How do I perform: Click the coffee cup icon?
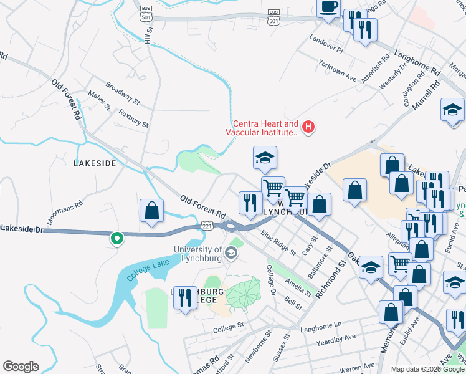click(x=328, y=8)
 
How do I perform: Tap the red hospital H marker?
click(x=308, y=128)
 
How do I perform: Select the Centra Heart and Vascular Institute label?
click(x=265, y=128)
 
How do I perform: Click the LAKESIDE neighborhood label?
click(x=95, y=163)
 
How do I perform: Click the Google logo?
click(x=20, y=367)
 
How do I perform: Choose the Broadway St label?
click(x=122, y=93)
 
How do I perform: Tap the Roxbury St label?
click(x=133, y=120)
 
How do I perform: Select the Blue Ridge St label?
click(x=278, y=243)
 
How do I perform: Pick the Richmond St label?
click(x=331, y=279)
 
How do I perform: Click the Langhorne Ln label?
click(x=321, y=325)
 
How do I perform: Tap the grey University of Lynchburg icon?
click(x=231, y=252)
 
